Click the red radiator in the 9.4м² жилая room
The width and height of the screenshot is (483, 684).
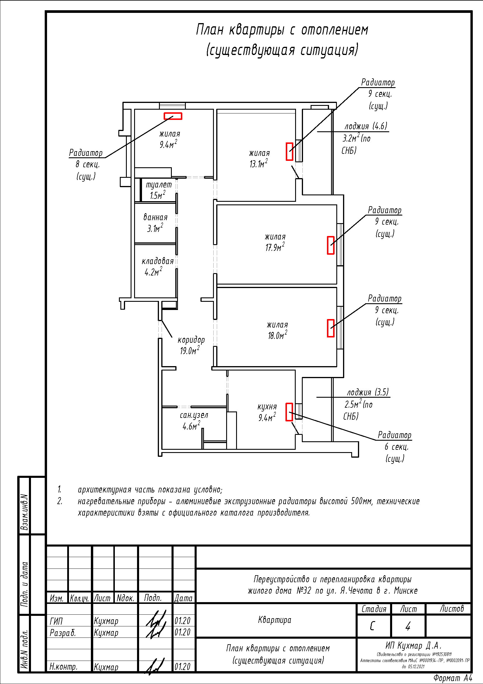tap(173, 116)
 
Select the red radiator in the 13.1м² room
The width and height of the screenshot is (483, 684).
tap(289, 151)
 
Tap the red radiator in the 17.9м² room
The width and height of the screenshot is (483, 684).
tap(330, 245)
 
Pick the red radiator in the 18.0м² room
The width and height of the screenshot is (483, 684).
tap(330, 328)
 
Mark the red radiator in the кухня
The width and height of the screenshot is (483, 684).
tap(289, 412)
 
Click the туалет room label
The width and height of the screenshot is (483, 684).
tap(159, 185)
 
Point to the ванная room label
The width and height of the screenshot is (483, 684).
tap(155, 217)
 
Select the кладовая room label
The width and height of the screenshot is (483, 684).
tap(157, 261)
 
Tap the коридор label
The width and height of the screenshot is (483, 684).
tap(191, 340)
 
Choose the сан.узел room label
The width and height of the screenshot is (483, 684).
tap(194, 415)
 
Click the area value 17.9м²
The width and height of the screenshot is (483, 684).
tap(275, 247)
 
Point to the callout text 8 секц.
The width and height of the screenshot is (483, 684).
tap(87, 164)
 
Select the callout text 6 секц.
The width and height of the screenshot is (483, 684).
tap(397, 447)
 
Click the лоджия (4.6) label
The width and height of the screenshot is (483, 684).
tap(366, 126)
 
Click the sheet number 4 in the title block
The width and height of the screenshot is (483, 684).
tap(408, 626)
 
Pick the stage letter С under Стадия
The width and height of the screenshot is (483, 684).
tap(372, 626)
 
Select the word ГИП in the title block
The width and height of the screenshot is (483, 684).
tap(56, 621)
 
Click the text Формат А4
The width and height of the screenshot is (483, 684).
tap(453, 678)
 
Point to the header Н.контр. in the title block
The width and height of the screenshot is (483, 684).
tap(63, 666)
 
